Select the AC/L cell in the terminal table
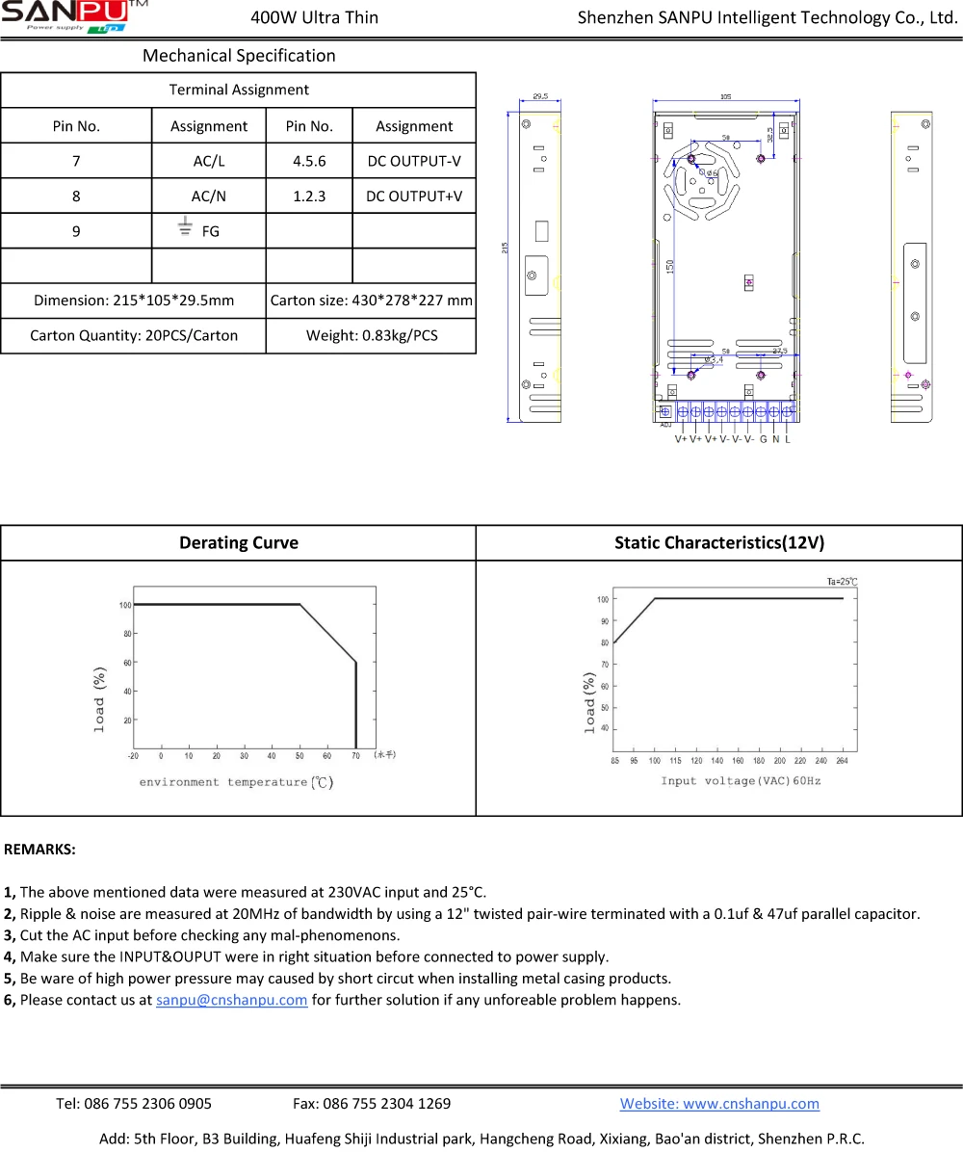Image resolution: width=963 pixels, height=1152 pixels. click(208, 161)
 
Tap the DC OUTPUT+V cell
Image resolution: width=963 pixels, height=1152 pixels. click(414, 196)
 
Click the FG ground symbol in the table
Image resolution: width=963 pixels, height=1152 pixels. click(185, 227)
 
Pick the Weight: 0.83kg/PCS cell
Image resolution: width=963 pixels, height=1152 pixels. click(371, 335)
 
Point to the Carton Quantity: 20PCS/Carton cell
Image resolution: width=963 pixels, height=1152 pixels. click(134, 335)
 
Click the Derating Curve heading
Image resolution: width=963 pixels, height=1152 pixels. click(239, 542)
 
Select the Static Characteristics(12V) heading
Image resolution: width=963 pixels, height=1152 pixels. click(719, 542)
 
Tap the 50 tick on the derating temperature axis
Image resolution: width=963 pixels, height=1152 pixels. click(299, 756)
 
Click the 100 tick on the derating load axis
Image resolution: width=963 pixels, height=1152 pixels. click(125, 605)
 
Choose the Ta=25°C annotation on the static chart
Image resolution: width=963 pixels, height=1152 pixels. click(842, 581)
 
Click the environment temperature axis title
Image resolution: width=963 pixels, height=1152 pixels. click(236, 782)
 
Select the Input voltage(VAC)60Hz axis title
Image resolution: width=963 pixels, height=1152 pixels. click(741, 780)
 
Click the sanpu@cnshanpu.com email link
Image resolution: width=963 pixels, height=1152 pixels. click(231, 999)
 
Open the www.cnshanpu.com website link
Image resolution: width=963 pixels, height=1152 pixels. click(719, 1104)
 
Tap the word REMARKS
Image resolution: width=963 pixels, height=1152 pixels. click(40, 850)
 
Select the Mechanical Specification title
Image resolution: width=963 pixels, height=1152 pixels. click(239, 56)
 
